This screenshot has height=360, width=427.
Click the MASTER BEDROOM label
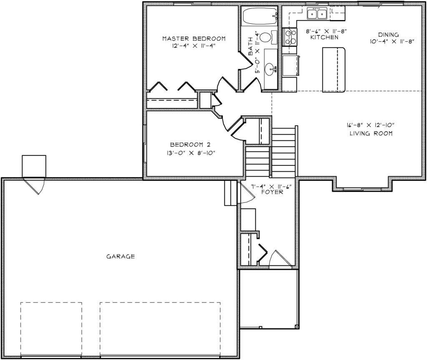(x=193, y=39)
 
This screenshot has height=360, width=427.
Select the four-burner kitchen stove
(x=289, y=37)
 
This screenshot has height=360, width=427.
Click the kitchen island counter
(x=334, y=69)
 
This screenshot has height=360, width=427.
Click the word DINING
(x=388, y=35)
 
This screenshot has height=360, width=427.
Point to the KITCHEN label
(x=324, y=37)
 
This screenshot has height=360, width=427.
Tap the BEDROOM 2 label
(x=190, y=145)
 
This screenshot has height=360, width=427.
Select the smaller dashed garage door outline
(x=51, y=329)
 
